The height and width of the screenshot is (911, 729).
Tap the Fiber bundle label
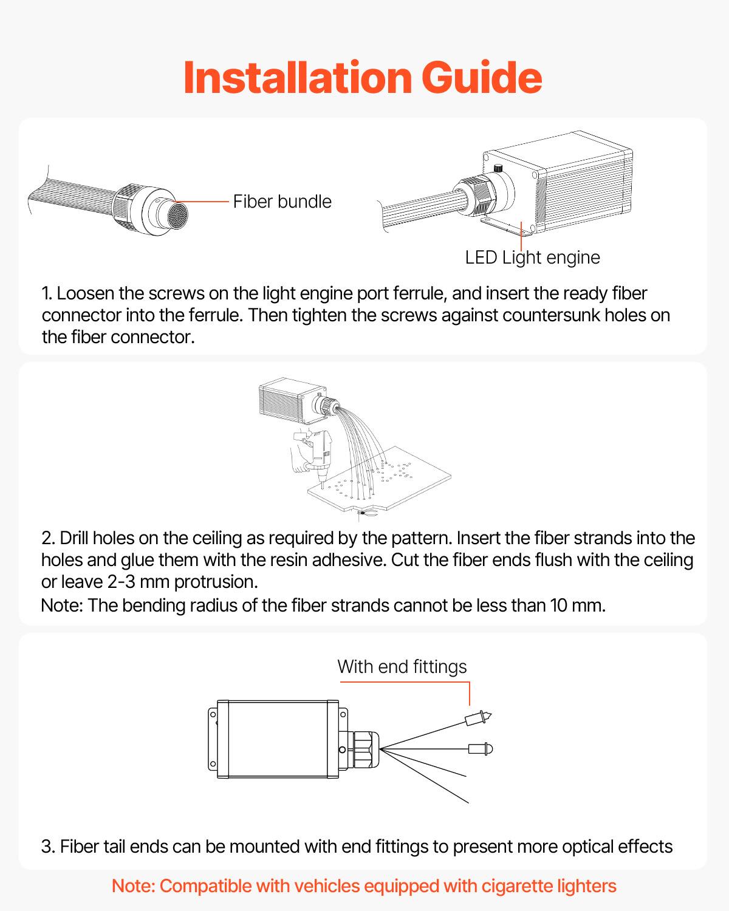[282, 202]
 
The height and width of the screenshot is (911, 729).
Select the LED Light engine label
[532, 258]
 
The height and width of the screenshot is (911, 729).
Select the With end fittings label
[402, 666]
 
